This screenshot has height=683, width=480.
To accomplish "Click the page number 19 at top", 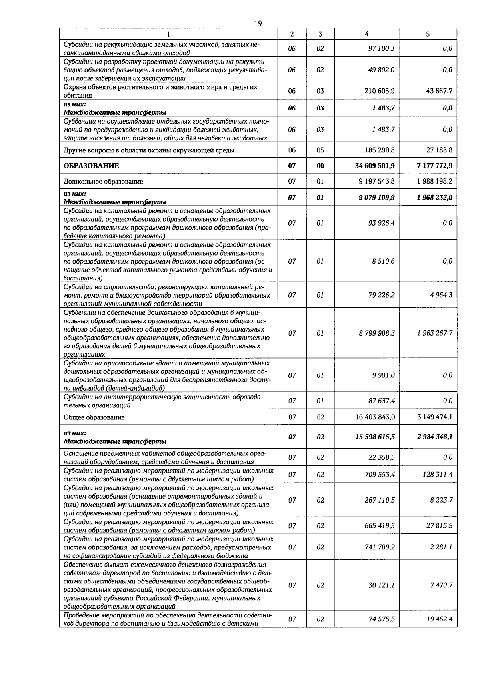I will [258, 24].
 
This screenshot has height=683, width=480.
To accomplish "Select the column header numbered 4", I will [367, 34].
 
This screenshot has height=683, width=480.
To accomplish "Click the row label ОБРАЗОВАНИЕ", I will [91, 166].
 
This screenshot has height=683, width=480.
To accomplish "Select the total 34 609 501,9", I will [375, 166].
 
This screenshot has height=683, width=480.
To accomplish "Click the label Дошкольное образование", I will [103, 182].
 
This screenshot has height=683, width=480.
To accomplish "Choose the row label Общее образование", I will [94, 417].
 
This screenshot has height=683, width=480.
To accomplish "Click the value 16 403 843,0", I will [375, 417].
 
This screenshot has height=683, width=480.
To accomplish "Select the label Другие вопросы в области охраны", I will [149, 151].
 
